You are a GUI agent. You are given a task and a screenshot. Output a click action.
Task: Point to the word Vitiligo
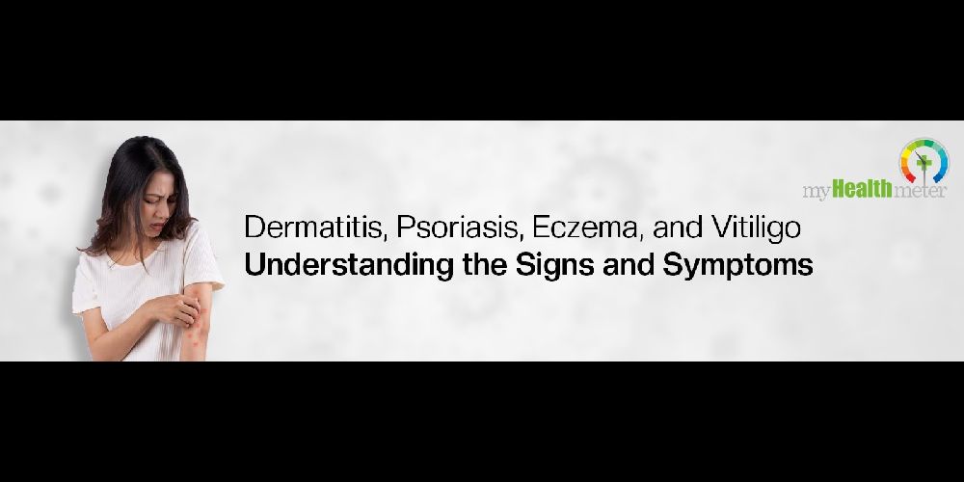pos(756,228)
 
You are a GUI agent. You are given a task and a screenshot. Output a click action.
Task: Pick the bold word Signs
pos(554,266)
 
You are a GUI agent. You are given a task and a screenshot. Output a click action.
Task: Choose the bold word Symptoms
pos(737,266)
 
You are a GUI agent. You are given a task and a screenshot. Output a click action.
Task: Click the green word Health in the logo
pos(862,190)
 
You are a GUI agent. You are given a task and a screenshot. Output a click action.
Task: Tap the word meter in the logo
pos(919,191)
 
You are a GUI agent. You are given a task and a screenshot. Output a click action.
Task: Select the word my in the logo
pos(817,192)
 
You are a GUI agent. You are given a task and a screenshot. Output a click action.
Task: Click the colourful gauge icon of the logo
pos(924,160)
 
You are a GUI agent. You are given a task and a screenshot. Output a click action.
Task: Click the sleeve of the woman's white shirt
pos(202,259)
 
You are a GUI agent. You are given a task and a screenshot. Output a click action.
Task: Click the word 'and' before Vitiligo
pos(678,228)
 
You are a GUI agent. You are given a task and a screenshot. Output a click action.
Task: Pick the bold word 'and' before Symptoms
pos(629,266)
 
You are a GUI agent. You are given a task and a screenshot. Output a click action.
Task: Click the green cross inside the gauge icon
pos(921,161)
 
